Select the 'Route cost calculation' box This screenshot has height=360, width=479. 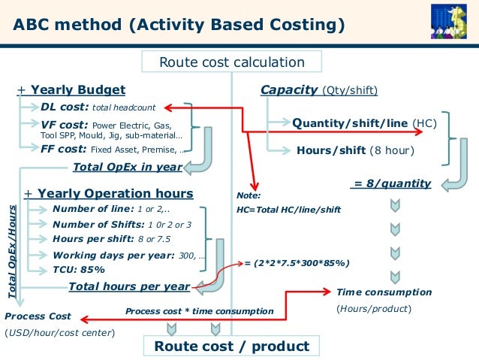tap(231, 62)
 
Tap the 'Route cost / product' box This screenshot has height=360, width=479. tap(231, 346)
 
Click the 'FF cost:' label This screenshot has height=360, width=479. tap(65, 149)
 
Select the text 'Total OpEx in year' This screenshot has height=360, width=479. tap(128, 167)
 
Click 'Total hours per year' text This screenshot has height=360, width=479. tap(128, 286)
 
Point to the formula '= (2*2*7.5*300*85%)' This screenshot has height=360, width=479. tap(297, 263)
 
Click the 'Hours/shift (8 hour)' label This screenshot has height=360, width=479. tap(355, 150)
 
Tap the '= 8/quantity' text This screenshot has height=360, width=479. tap(391, 183)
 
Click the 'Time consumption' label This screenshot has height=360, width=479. tap(384, 292)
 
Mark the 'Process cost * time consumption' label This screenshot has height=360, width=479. tap(199, 311)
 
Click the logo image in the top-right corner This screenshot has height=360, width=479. tap(453, 20)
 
